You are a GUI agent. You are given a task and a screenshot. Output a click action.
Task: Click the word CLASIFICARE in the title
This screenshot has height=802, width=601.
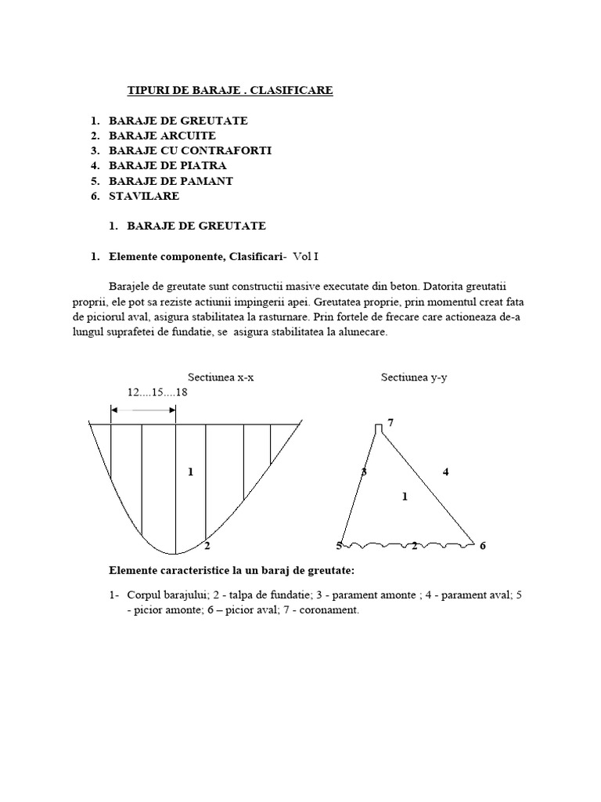coord(295,91)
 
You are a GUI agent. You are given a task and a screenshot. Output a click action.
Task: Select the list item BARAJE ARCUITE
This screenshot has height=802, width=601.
coord(162,135)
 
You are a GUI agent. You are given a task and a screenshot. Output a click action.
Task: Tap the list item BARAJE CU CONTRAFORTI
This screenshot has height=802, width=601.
coord(190,150)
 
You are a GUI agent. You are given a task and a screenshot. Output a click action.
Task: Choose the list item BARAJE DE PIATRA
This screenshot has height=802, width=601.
coord(167,165)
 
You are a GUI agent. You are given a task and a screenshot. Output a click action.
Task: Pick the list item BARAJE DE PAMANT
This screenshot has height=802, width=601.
coord(171,181)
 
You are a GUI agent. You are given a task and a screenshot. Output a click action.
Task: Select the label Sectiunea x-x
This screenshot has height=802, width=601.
coord(221,377)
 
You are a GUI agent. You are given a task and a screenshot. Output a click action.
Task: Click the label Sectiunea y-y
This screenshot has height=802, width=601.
coord(414,377)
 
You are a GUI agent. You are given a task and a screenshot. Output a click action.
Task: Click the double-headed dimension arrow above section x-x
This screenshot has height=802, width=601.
coord(142,409)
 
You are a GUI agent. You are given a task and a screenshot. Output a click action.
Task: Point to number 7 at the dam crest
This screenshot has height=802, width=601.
coord(390,423)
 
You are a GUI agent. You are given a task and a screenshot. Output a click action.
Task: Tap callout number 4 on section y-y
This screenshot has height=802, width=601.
coord(445,471)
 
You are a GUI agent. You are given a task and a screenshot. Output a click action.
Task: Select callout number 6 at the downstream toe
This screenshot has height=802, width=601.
coord(483,545)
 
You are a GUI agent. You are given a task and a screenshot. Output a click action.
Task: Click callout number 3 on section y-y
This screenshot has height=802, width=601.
coord(363,471)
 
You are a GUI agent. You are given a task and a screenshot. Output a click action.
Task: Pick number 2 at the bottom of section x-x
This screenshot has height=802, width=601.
coord(207,545)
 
